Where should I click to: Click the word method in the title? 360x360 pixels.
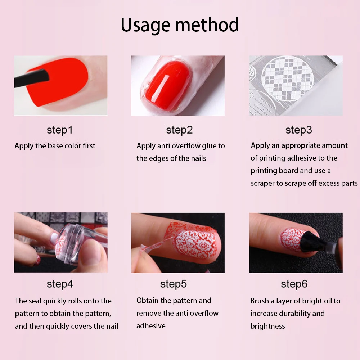click(207, 24)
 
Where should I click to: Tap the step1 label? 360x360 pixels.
click(60, 130)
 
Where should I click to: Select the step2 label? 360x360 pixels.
click(179, 130)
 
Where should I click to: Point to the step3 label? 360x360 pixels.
click(299, 130)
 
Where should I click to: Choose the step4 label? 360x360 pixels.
click(60, 284)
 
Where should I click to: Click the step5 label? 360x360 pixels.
click(174, 284)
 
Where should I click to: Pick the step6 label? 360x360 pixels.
click(294, 284)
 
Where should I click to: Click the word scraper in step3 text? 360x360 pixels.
click(262, 184)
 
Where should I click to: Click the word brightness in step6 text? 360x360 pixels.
click(268, 326)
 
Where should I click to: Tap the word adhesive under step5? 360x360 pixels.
click(151, 326)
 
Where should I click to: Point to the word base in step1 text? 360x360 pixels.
click(55, 146)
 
